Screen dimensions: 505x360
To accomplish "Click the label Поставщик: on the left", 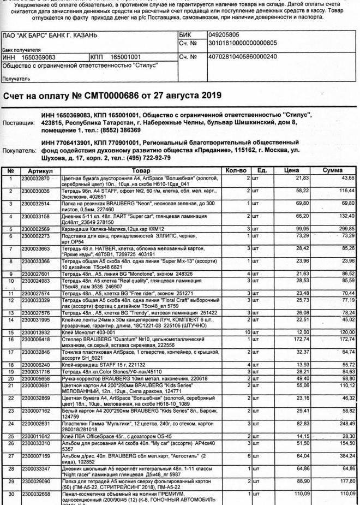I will (19, 123).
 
